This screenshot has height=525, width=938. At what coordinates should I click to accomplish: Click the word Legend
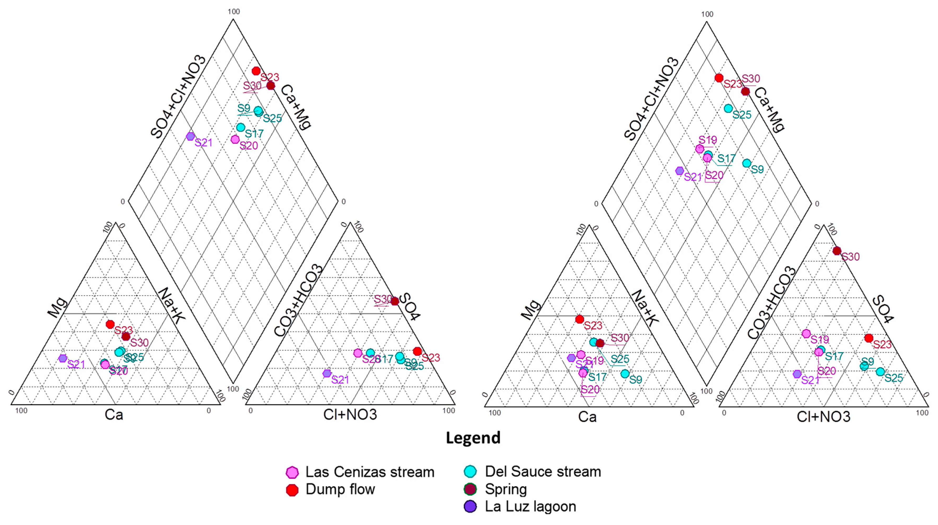click(x=473, y=438)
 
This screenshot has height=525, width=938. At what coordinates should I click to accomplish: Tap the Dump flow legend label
click(x=340, y=489)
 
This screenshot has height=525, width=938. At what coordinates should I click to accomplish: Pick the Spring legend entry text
click(x=506, y=489)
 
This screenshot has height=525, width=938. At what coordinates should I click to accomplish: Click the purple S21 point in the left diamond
click(x=190, y=136)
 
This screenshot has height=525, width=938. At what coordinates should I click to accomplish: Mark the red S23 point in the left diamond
click(x=256, y=71)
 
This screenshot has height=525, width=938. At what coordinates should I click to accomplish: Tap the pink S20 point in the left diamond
click(x=235, y=139)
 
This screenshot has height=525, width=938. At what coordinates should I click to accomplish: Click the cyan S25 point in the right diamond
click(x=728, y=108)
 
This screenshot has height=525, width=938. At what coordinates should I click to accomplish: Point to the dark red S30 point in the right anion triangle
click(x=837, y=251)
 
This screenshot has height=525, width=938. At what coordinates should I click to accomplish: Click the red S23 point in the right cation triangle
click(x=580, y=319)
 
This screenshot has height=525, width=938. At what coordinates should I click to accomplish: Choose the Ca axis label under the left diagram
click(x=114, y=414)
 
